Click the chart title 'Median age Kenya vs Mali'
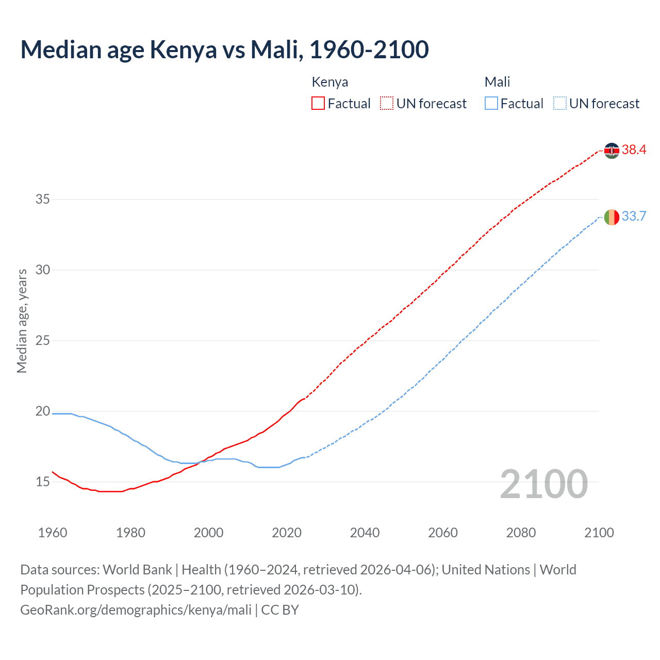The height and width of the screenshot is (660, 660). (224, 49)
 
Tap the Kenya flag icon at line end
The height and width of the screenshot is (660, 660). (612, 151)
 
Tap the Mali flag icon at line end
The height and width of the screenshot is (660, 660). (612, 217)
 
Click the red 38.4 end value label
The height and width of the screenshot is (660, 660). (634, 150)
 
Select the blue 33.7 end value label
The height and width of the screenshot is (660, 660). (634, 217)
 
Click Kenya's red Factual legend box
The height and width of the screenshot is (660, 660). (318, 104)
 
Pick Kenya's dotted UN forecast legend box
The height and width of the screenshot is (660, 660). (387, 104)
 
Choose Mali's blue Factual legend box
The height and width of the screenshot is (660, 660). (491, 104)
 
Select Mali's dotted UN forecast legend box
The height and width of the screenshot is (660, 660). (559, 104)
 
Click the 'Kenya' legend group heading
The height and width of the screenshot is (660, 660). (330, 82)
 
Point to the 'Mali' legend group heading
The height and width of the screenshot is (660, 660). (497, 82)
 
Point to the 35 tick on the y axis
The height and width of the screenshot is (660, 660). (43, 199)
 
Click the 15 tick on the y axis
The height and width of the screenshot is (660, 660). (43, 482)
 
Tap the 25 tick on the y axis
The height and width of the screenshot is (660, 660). (43, 340)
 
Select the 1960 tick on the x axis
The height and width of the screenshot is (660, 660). (53, 533)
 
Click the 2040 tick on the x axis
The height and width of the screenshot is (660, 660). (365, 533)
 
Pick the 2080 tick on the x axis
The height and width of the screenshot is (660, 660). (521, 533)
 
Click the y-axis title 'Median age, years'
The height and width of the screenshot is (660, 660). (22, 321)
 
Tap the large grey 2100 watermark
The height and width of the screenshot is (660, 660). (544, 484)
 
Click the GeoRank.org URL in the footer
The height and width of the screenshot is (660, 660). (136, 610)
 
